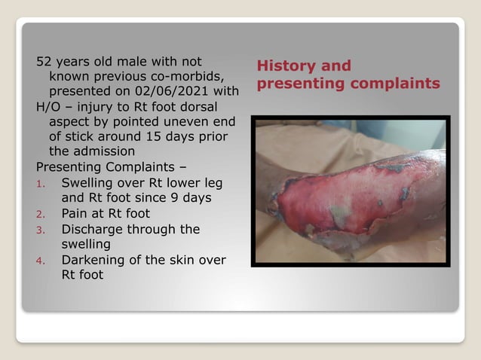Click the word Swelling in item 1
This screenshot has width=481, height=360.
click(x=87, y=182)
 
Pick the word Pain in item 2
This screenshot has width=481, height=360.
click(x=75, y=213)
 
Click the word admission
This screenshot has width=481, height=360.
click(x=103, y=151)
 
